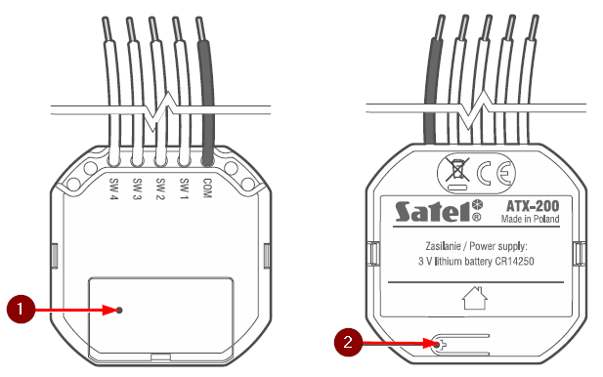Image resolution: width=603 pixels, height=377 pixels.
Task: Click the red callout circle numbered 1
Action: click(x=21, y=309)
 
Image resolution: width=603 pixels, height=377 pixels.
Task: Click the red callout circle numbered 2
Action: click(x=348, y=342)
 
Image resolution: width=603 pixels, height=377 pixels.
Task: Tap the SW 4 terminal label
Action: click(x=113, y=189)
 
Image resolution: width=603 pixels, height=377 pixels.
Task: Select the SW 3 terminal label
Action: click(x=137, y=189)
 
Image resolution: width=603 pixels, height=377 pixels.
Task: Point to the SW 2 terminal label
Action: click(x=160, y=189)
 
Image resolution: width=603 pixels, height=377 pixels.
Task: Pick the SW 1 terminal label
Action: click(x=184, y=189)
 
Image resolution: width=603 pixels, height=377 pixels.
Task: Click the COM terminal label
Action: click(x=207, y=188)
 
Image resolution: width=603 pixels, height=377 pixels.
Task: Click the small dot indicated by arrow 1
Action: click(x=119, y=310)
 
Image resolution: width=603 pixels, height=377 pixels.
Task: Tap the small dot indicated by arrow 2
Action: click(x=437, y=345)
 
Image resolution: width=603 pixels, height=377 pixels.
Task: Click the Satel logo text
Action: click(x=433, y=212)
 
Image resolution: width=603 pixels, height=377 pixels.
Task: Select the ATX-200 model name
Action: click(x=533, y=206)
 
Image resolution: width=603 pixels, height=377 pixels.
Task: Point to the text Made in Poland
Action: click(x=530, y=219)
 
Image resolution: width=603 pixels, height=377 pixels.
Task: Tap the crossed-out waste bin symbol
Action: click(x=457, y=170)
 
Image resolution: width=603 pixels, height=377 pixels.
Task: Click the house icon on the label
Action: click(x=475, y=298)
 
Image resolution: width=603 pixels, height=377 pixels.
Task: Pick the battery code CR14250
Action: click(x=514, y=262)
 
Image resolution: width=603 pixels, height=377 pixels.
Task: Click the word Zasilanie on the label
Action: click(x=443, y=246)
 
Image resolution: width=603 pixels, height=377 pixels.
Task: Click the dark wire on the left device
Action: click(x=206, y=91)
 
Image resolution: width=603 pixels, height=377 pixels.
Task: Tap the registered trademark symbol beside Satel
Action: click(x=476, y=217)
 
